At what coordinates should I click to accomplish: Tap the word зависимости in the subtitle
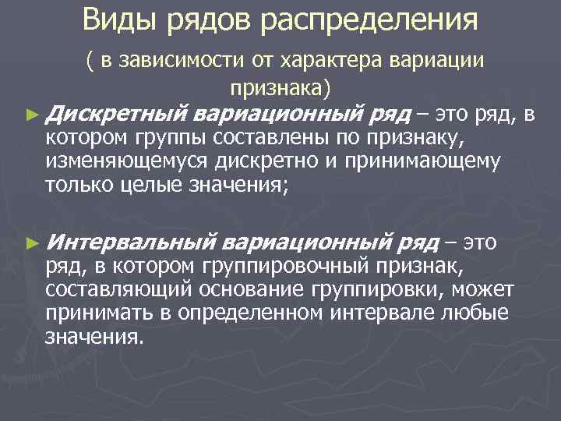pos(178,60)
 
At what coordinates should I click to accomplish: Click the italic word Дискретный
pos(116,115)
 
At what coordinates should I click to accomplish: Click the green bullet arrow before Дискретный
pos(31,115)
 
